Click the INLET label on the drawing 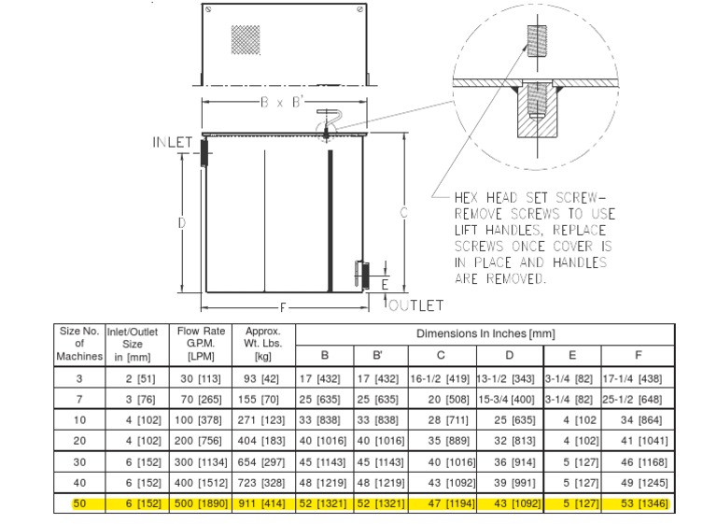172,143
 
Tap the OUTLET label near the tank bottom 415,305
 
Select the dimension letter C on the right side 404,213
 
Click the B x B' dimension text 281,104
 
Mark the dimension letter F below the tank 281,306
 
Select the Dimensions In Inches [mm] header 485,333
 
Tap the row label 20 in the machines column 79,440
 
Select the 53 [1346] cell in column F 638,504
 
